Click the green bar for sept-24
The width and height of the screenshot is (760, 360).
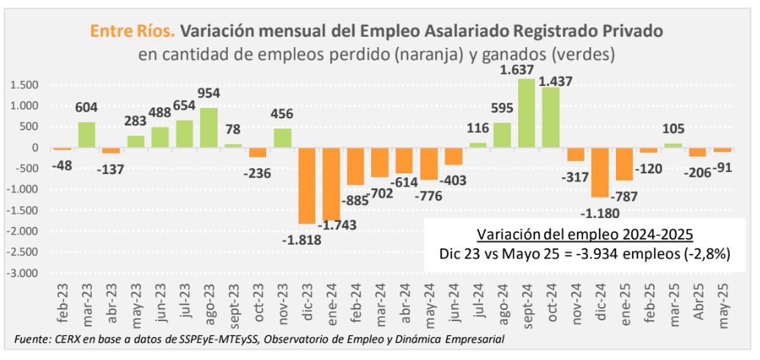click(526, 113)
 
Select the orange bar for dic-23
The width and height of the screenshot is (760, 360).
click(307, 185)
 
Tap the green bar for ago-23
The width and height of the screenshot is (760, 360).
click(209, 128)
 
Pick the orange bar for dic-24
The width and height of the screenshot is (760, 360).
click(601, 172)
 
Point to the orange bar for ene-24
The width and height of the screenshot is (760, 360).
click(331, 184)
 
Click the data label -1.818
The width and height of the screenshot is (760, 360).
click(302, 238)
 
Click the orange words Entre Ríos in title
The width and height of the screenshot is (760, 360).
click(132, 31)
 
